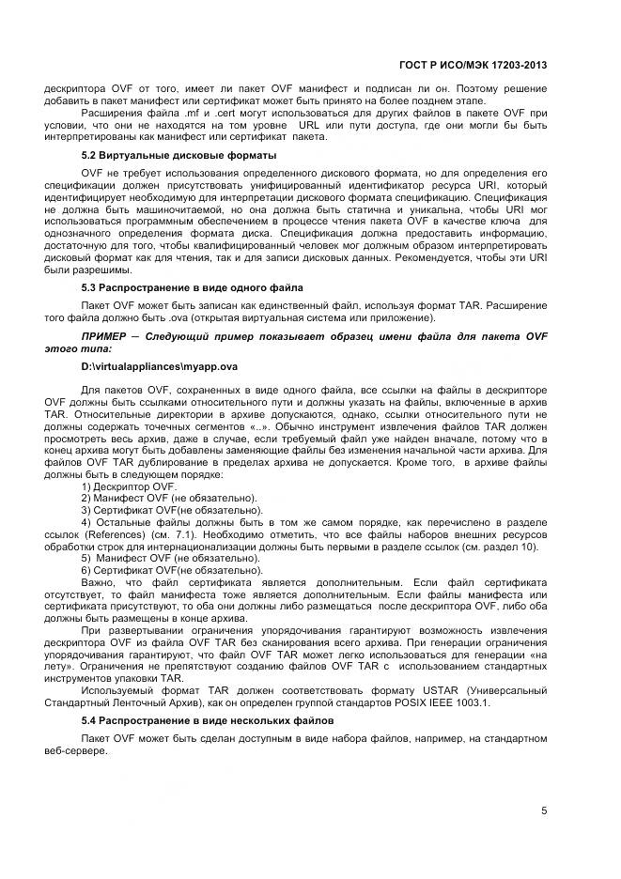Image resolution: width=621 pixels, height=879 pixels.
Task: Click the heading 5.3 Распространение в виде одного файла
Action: tap(192, 286)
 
